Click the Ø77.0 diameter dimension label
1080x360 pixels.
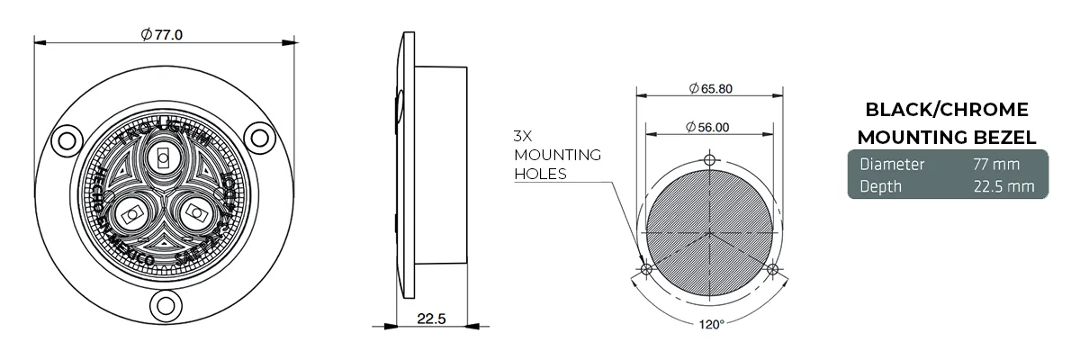(163, 34)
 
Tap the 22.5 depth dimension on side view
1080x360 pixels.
(432, 319)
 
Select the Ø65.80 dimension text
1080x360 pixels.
(710, 88)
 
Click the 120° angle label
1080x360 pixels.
(711, 324)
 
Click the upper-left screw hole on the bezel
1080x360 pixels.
(65, 139)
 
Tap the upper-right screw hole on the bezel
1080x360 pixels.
(259, 138)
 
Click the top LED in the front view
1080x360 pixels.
(163, 158)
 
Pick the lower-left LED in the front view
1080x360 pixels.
(129, 213)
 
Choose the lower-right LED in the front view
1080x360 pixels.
(194, 213)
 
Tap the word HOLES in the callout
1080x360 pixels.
(540, 174)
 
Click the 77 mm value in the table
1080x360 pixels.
(994, 165)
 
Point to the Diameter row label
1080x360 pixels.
(892, 165)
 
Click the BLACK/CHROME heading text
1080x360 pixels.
(946, 110)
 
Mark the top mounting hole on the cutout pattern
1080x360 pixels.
(710, 160)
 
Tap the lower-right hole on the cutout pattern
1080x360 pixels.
(772, 268)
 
